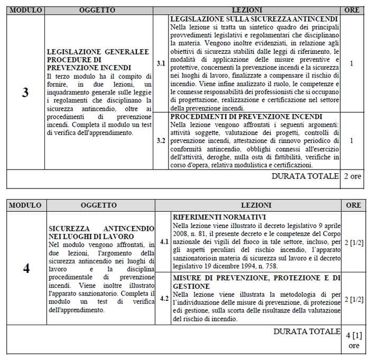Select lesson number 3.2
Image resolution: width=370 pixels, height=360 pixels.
(162, 141)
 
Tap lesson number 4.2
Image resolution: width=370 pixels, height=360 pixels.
(164, 298)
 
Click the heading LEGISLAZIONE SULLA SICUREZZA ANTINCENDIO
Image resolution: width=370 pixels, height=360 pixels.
(254, 18)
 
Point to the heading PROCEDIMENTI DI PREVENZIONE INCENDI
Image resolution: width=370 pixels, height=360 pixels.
(247, 116)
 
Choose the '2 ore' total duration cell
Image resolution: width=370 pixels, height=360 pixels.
(353, 176)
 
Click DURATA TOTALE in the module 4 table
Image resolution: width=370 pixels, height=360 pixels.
(308, 331)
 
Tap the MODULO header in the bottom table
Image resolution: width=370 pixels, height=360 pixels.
(25, 204)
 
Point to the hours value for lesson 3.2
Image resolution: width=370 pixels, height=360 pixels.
(352, 141)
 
